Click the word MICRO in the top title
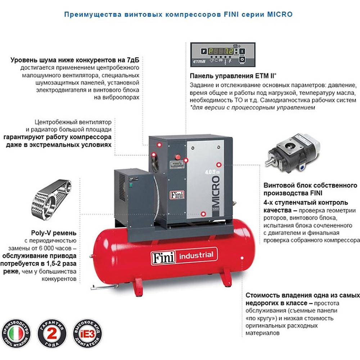point(280,15)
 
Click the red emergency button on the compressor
point(177,157)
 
